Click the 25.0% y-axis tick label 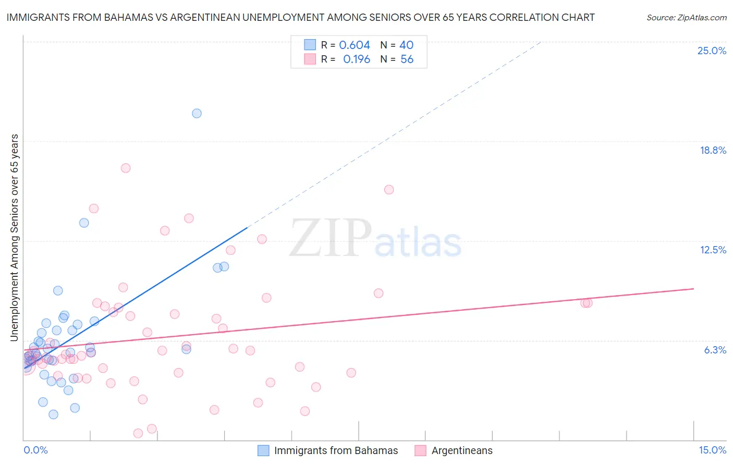pyautogui.click(x=712, y=51)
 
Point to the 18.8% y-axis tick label pyautogui.click(x=713, y=150)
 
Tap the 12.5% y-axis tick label pyautogui.click(x=713, y=250)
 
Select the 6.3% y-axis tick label pyautogui.click(x=715, y=350)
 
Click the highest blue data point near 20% pyautogui.click(x=197, y=113)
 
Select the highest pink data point pyautogui.click(x=126, y=168)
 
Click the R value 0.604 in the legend pyautogui.click(x=355, y=45)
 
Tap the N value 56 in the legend pyautogui.click(x=407, y=59)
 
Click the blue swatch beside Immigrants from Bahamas pyautogui.click(x=263, y=450)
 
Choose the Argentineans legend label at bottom pyautogui.click(x=462, y=450)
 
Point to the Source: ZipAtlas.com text pyautogui.click(x=686, y=18)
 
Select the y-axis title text pyautogui.click(x=15, y=238)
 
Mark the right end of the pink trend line pyautogui.click(x=693, y=288)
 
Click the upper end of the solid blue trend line pyautogui.click(x=247, y=227)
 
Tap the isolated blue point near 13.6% pyautogui.click(x=84, y=223)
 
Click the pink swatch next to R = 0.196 pyautogui.click(x=310, y=59)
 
